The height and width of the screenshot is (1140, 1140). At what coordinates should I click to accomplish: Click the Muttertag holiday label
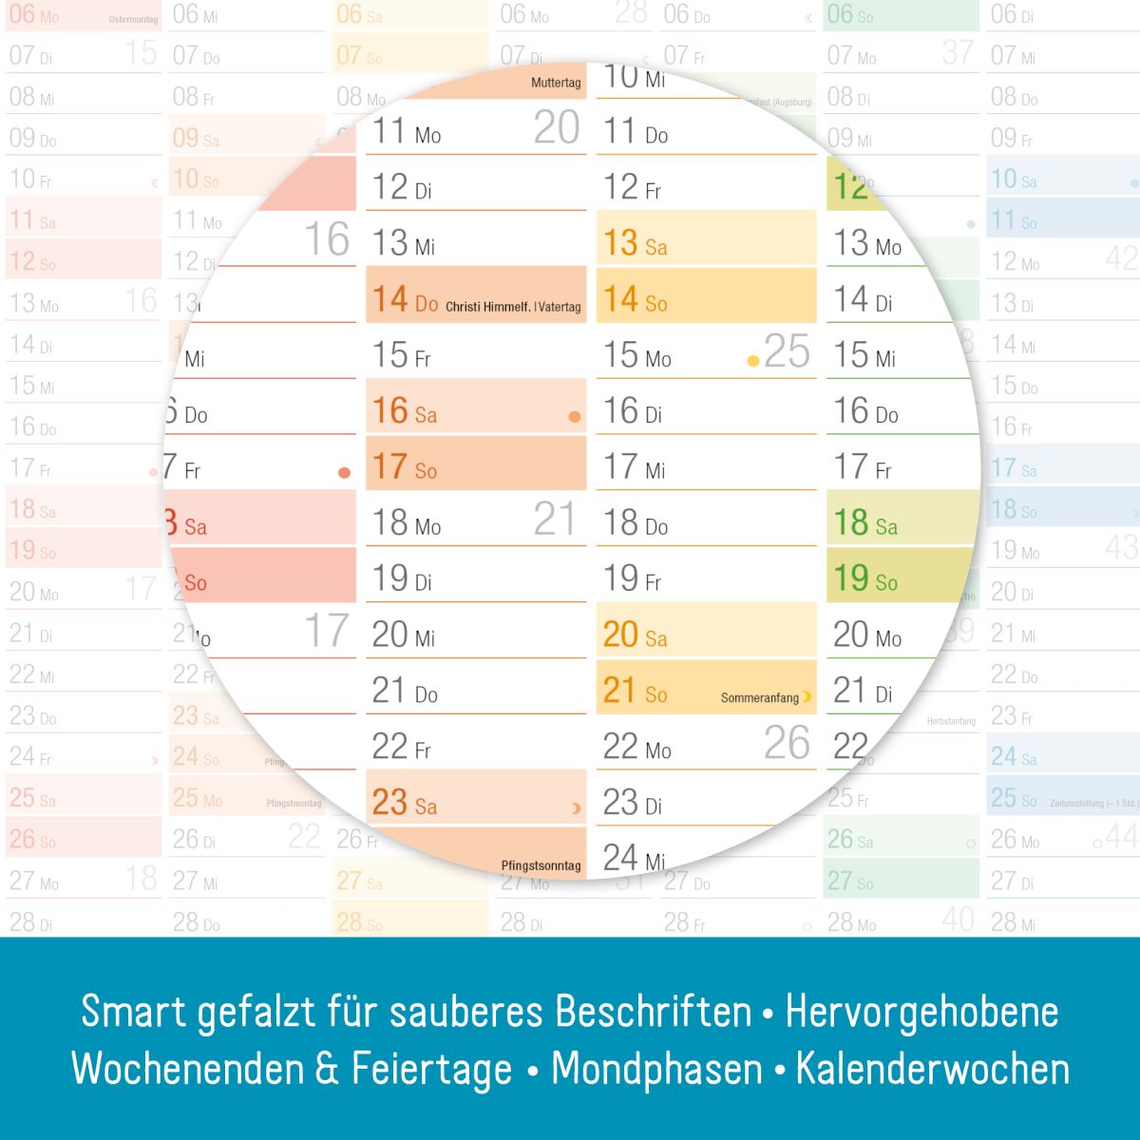click(556, 83)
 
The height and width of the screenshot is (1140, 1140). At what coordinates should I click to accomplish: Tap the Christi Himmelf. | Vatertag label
click(513, 307)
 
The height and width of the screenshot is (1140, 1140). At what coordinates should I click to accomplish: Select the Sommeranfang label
click(759, 698)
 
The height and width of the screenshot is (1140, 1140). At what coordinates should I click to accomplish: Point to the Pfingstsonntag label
click(541, 865)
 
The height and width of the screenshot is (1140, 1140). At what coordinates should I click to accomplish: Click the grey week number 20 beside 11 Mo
click(556, 128)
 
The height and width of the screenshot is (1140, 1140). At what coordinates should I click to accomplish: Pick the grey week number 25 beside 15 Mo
click(787, 351)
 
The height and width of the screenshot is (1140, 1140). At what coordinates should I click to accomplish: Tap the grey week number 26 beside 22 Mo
click(787, 744)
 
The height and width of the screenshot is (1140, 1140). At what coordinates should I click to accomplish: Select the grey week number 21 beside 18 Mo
click(555, 520)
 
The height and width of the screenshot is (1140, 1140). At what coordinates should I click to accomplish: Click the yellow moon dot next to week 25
click(753, 361)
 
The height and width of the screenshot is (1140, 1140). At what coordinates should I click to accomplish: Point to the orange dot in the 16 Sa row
click(574, 417)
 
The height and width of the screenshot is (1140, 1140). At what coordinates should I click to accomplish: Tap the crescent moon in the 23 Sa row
click(575, 808)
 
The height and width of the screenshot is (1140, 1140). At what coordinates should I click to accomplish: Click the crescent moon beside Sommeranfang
click(807, 697)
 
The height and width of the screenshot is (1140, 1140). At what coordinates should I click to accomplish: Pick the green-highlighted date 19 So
click(864, 579)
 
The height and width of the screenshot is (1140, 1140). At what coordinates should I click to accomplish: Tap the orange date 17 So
click(404, 467)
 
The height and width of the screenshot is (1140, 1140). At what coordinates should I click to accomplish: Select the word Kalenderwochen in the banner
click(932, 1070)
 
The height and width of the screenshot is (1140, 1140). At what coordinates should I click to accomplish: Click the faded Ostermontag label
click(133, 19)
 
